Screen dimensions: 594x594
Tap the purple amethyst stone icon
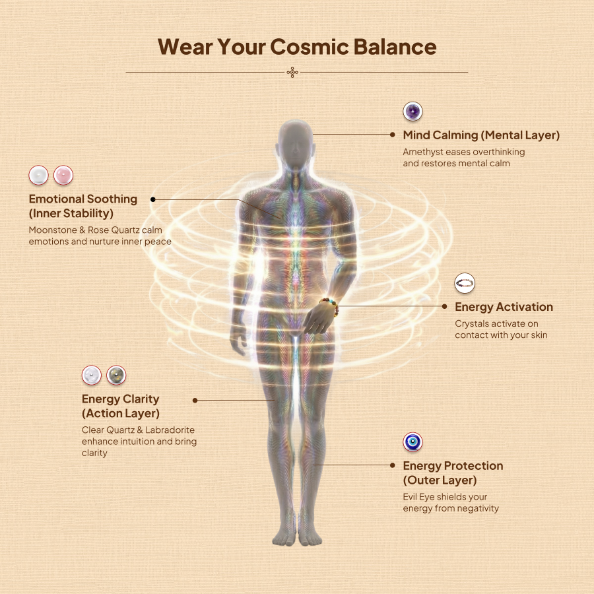(x=412, y=112)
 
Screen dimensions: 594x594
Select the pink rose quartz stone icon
(x=63, y=175)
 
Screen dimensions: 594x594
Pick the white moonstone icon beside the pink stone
(x=39, y=175)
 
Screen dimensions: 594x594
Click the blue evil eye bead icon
(x=412, y=442)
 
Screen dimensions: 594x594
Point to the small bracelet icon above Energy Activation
(x=465, y=283)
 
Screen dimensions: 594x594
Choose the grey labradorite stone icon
(x=116, y=375)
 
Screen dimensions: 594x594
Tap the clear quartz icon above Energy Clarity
(x=92, y=375)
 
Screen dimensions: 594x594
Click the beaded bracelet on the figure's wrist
(x=329, y=306)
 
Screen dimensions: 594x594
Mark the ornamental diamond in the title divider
(x=292, y=72)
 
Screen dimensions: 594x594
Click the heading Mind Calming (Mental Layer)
(x=481, y=135)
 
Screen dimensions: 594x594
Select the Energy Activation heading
(x=504, y=307)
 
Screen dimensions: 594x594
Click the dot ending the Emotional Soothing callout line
(x=153, y=199)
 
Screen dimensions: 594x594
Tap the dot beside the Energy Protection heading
(x=393, y=465)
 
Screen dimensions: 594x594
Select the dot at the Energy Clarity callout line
(x=195, y=400)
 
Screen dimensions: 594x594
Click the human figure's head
(x=296, y=143)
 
